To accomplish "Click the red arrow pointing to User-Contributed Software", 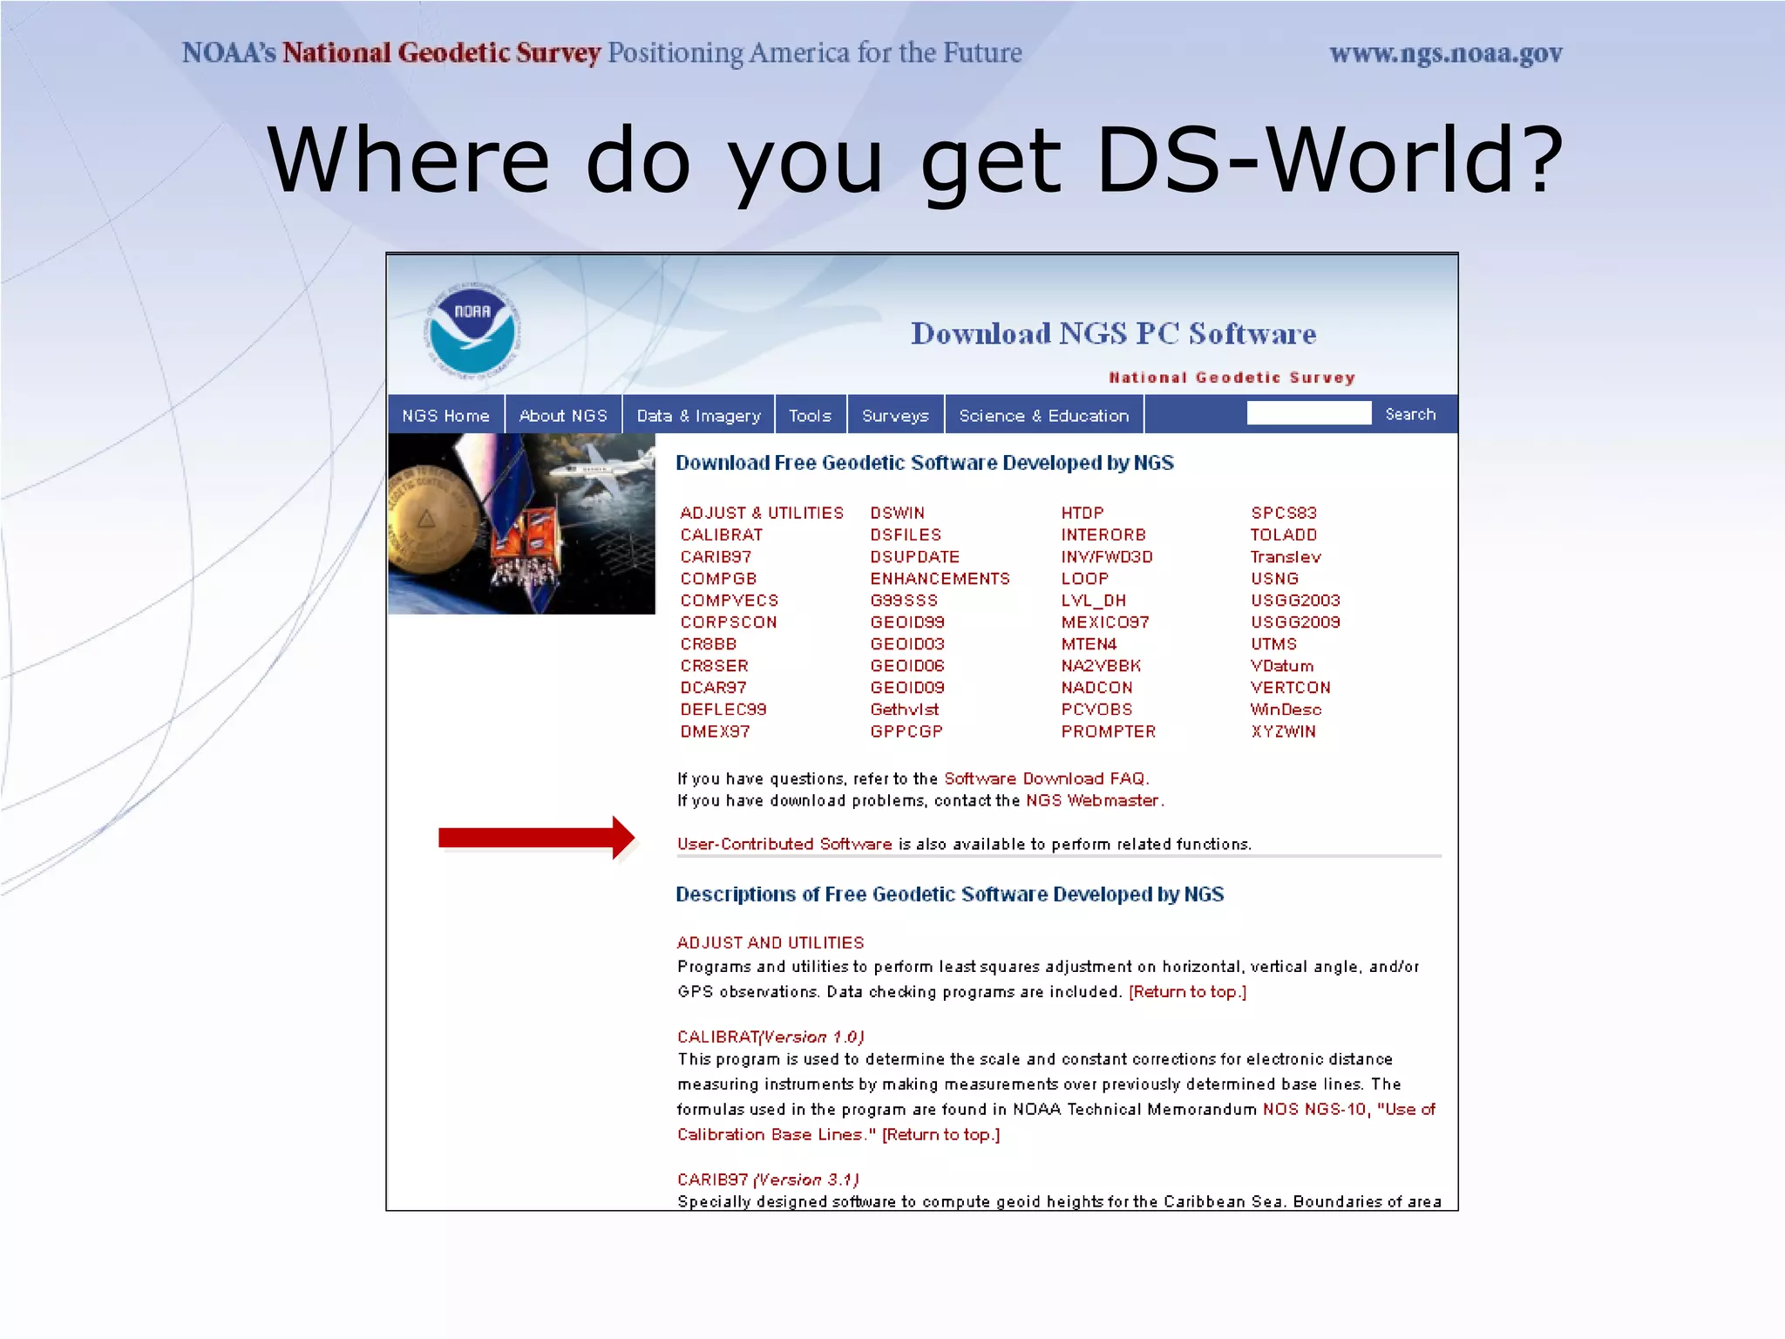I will coord(536,838).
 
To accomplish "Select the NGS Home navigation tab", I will coord(445,416).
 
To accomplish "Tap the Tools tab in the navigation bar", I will coord(810,416).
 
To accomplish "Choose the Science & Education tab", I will coord(1043,416).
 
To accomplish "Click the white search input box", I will coord(1308,413).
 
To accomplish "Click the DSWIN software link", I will coord(897,513).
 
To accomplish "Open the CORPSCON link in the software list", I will coord(728,622).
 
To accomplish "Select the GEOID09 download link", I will coord(906,687).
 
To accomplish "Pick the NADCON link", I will coord(1096,687).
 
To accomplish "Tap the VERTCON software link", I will coord(1290,687).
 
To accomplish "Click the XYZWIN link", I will coord(1283,731).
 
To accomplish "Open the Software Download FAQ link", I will coord(1045,778).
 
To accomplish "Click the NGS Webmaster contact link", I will coord(1092,799).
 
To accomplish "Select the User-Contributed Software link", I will coord(784,843).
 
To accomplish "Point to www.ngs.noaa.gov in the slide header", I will coord(1445,53).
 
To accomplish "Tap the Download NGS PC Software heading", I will coord(1113,333).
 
